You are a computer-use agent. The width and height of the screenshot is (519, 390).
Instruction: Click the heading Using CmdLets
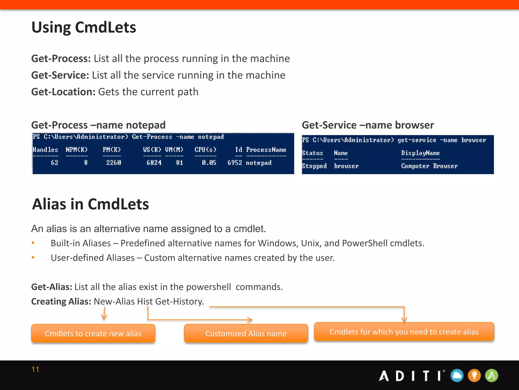tap(84, 27)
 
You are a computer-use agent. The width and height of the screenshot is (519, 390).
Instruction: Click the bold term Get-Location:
tap(63, 92)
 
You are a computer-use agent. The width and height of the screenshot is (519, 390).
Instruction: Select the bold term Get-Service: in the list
tap(60, 75)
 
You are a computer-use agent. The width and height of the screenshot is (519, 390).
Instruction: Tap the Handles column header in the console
tap(45, 150)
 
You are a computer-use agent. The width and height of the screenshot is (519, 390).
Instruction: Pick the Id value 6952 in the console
tap(235, 163)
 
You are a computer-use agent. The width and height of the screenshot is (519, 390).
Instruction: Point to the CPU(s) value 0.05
tap(209, 163)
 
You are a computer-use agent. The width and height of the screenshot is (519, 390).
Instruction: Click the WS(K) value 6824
tap(154, 163)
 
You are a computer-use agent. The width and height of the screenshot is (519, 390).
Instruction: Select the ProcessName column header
tap(266, 150)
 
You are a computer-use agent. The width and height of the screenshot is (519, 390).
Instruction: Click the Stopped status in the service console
tap(314, 166)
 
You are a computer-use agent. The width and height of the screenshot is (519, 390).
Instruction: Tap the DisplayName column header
tap(420, 153)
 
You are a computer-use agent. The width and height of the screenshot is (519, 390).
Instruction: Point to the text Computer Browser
tap(429, 166)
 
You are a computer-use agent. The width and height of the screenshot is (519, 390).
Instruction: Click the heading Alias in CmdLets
tap(90, 204)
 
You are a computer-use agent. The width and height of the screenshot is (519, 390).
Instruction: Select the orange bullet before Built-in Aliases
tap(33, 243)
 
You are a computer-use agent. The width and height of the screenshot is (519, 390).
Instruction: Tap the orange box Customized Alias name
tap(246, 333)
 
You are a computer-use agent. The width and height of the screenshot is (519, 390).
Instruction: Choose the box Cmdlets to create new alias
tap(93, 333)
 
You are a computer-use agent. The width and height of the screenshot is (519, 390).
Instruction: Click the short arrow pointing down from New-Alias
tap(104, 314)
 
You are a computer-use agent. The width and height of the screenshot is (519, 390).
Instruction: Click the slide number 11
tap(35, 369)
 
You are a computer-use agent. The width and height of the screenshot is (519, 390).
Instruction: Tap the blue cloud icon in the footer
tap(457, 376)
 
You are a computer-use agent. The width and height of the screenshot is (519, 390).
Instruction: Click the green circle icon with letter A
tap(491, 376)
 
